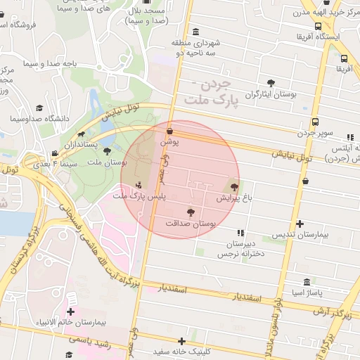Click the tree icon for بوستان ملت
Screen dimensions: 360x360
[107, 151]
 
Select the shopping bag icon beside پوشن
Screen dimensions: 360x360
[169, 131]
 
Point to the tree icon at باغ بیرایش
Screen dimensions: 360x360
[233, 187]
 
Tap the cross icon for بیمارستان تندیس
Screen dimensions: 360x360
[300, 224]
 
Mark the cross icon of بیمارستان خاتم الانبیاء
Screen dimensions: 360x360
[70, 311]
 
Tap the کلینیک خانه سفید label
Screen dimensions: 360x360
[182, 350]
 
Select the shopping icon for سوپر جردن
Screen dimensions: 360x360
[314, 122]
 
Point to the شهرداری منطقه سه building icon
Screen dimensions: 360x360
[195, 32]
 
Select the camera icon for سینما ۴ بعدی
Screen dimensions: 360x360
[54, 153]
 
